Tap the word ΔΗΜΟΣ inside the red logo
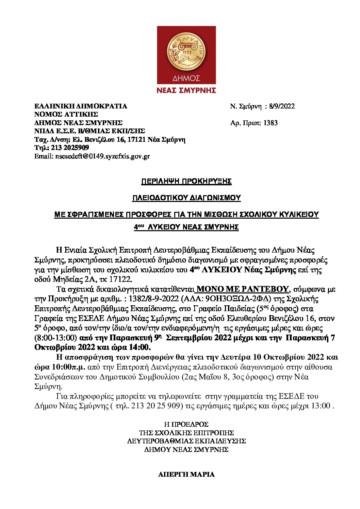point(186,79)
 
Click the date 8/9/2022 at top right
point(282,106)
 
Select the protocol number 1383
point(271,123)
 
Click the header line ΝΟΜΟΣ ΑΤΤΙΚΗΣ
point(66,114)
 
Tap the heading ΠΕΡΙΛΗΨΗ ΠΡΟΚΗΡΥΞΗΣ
point(186,181)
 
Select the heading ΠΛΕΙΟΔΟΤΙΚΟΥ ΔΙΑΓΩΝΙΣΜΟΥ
point(186,198)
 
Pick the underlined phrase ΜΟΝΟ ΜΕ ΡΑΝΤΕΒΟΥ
point(243,289)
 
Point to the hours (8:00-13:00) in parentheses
point(55,338)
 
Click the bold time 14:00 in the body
point(140,347)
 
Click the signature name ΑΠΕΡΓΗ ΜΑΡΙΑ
point(186,474)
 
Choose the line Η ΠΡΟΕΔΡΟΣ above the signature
point(186,424)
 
